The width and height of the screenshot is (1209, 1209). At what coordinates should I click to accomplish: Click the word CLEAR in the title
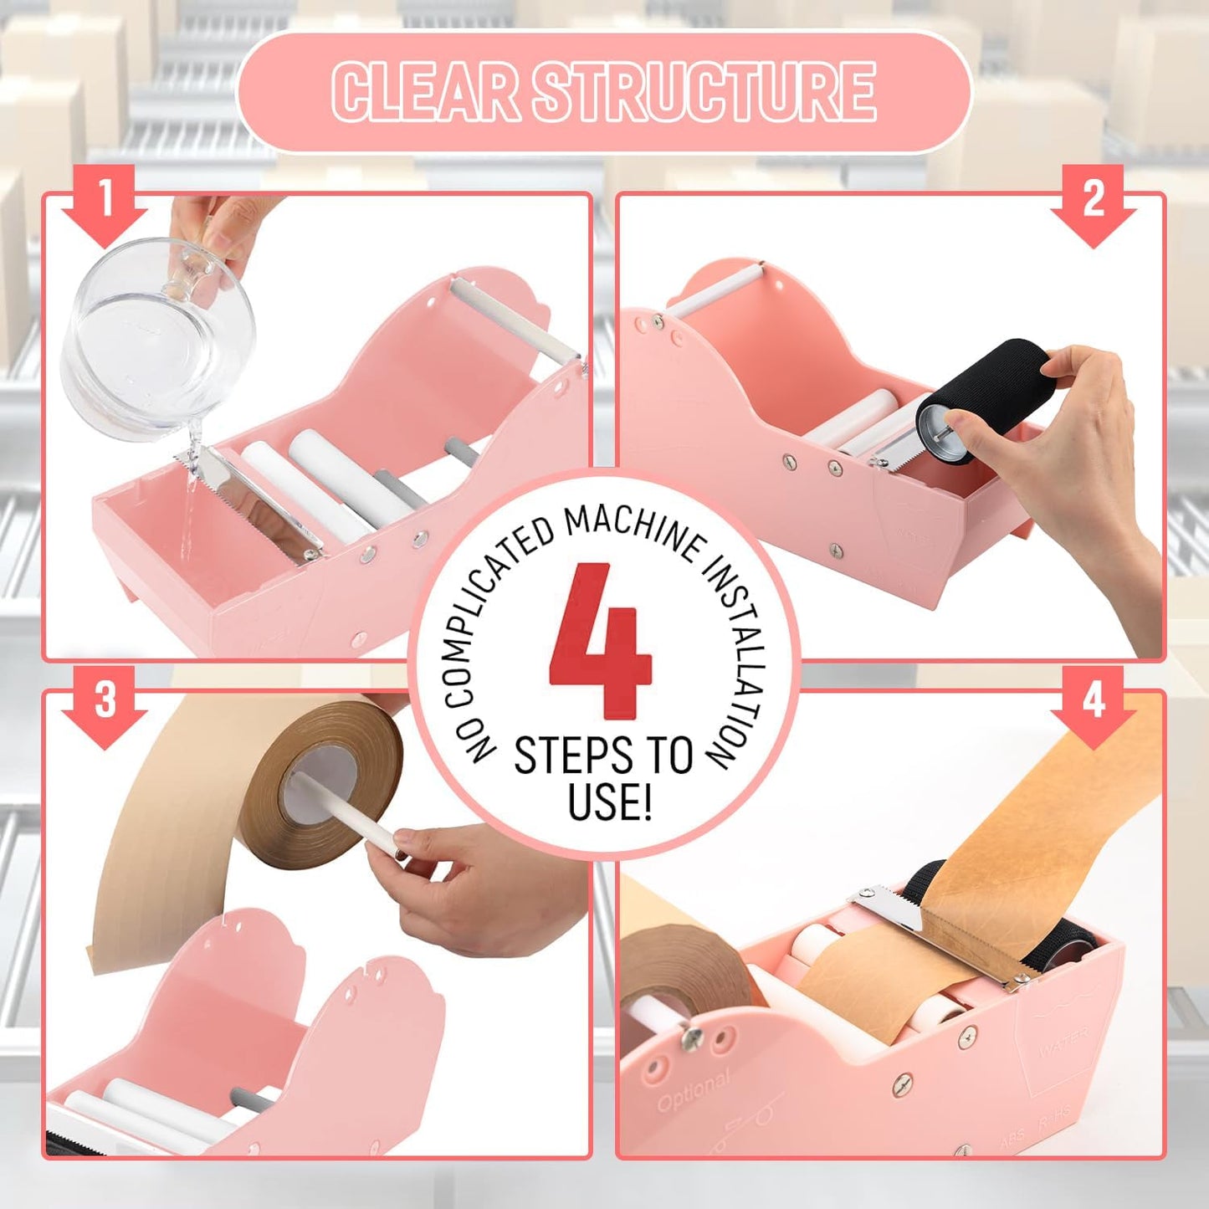coord(426,92)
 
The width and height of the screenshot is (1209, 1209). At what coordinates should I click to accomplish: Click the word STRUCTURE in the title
coord(704,92)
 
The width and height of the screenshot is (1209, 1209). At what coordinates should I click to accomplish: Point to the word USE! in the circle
coord(608,801)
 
